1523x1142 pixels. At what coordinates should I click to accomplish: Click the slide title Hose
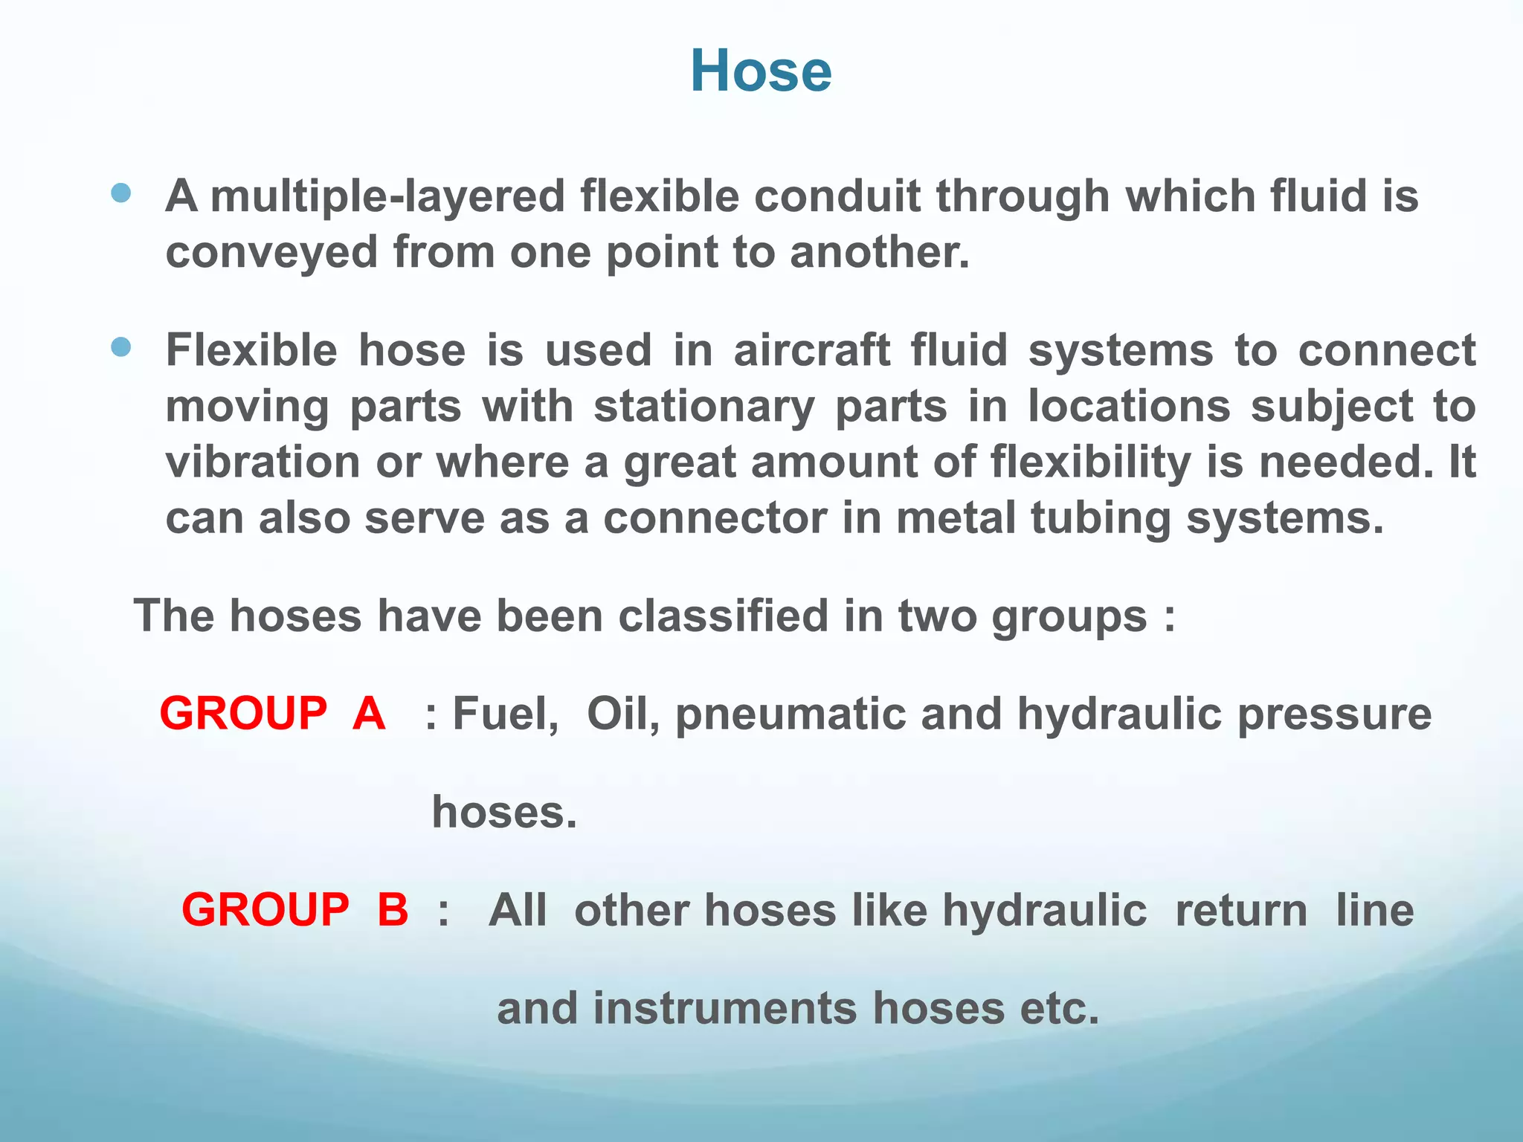(761, 71)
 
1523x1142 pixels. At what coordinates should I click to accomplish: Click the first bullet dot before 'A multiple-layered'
(120, 194)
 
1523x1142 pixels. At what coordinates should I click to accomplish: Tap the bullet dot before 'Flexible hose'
(120, 346)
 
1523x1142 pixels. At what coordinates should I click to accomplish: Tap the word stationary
(703, 407)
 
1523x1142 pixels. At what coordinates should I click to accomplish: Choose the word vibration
(263, 462)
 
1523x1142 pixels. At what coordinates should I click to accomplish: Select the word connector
(715, 518)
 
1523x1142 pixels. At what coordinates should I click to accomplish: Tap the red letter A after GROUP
(369, 714)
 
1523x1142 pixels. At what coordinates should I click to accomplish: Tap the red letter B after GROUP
(393, 910)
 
